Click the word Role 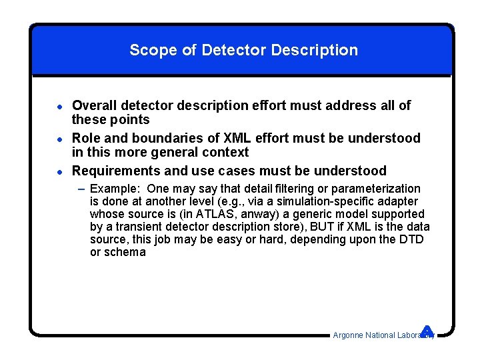click(87, 138)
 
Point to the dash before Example click(81, 189)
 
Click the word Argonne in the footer click(348, 335)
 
